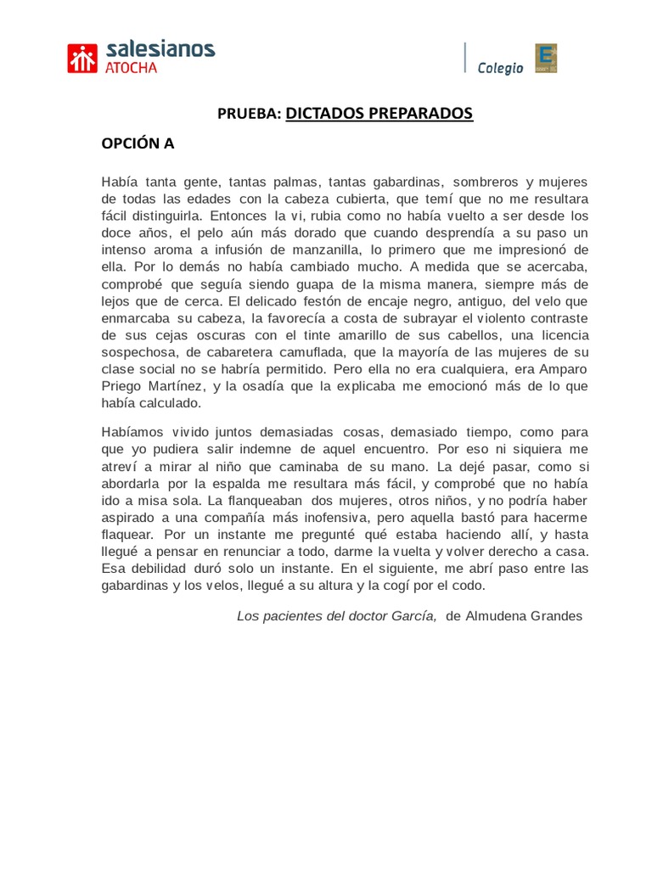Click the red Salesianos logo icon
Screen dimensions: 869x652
pyautogui.click(x=83, y=58)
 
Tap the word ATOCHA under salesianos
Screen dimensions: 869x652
pyautogui.click(x=132, y=68)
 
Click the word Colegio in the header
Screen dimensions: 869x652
pyautogui.click(x=501, y=69)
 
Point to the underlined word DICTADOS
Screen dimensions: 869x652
pyautogui.click(x=327, y=114)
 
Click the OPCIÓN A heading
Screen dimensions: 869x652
pyautogui.click(x=138, y=143)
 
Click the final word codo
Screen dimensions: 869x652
pyautogui.click(x=469, y=586)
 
